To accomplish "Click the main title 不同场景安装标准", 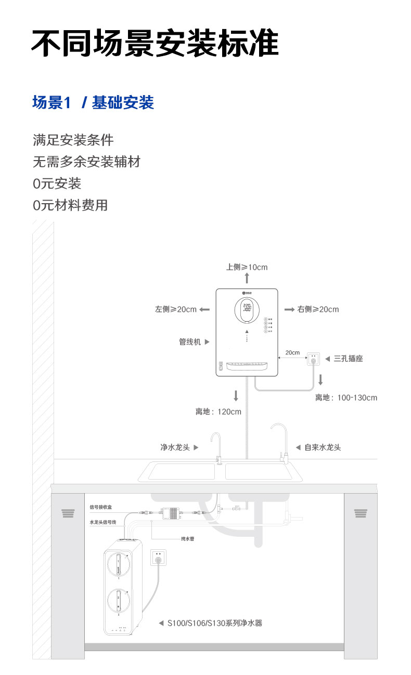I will [155, 43].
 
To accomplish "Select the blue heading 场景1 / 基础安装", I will [93, 102].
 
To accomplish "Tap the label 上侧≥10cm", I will [247, 267].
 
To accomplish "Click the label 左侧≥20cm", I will [176, 309].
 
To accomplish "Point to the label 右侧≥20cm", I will [318, 309].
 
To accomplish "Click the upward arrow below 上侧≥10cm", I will [247, 278].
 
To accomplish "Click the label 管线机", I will [190, 341].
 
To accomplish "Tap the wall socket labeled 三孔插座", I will [313, 358].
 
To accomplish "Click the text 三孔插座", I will [348, 358].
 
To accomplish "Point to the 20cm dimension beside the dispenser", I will [293, 352].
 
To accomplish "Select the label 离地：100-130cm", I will [346, 398].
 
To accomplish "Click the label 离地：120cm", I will [219, 412].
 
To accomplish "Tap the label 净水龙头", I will [175, 447].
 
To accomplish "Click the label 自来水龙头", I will [323, 447].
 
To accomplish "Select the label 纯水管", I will [187, 539].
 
